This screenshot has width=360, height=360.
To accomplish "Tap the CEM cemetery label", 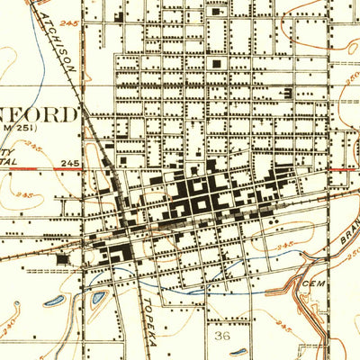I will click(313, 281).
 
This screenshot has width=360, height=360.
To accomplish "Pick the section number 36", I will click(223, 335).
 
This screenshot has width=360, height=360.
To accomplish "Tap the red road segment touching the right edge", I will click(346, 168).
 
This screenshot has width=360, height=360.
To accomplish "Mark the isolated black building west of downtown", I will click(62, 259).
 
